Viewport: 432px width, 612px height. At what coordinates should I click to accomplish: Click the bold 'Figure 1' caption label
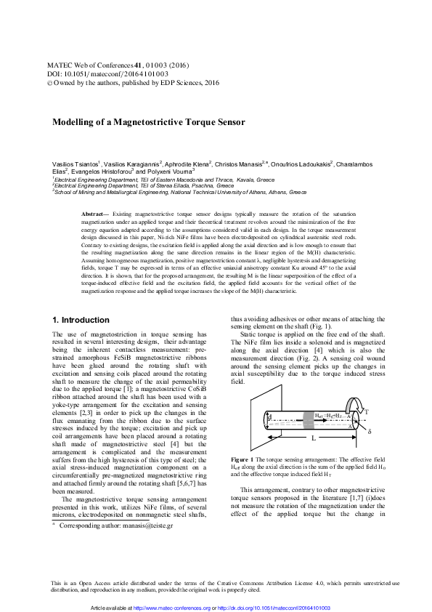click(x=242, y=461)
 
